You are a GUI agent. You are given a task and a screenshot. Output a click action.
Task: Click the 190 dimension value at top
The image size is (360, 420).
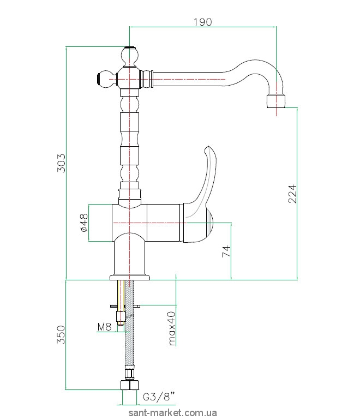pos(203,22)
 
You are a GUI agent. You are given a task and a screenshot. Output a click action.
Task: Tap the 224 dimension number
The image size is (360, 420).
pos(292,194)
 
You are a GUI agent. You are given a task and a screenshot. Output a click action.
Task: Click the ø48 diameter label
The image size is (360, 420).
pos(83,223)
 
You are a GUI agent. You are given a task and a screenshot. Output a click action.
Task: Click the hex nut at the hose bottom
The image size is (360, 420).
pos(129,385)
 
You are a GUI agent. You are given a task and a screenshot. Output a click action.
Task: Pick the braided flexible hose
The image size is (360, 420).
pos(130,338)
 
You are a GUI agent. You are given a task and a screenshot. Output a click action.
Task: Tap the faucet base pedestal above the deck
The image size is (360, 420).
pos(129,256)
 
